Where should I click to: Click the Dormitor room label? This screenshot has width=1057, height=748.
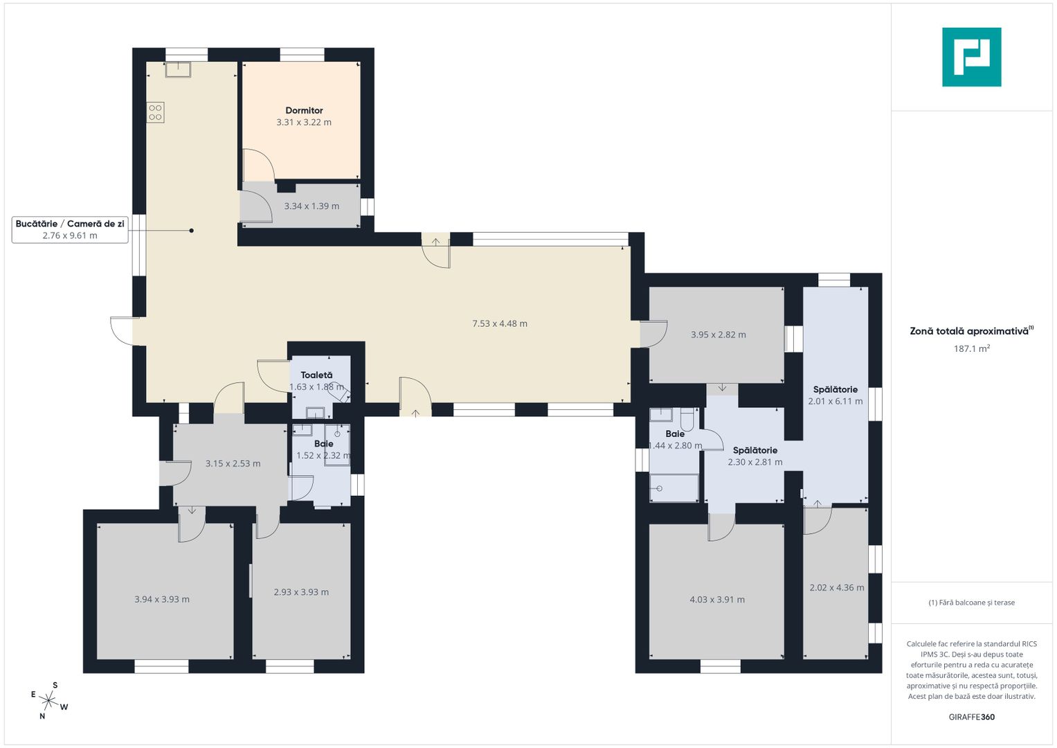[x=304, y=110]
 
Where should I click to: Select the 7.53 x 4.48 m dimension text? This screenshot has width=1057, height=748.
[x=500, y=323]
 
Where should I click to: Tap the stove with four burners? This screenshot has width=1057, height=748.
[x=155, y=112]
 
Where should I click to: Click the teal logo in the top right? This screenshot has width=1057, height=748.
[x=972, y=57]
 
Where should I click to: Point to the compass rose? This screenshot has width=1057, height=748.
[x=48, y=700]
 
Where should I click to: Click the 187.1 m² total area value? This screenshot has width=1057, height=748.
[x=972, y=348]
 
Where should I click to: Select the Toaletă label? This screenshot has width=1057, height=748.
[x=316, y=375]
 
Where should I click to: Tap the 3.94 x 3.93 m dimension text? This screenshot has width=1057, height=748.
[x=162, y=599]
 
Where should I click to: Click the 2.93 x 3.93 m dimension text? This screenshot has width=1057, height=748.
[x=301, y=591]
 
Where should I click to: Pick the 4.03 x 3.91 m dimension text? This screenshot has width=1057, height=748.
[x=717, y=599]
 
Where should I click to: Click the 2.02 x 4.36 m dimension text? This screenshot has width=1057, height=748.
[x=837, y=587]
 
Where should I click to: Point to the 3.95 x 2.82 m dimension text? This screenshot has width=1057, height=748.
[x=719, y=335]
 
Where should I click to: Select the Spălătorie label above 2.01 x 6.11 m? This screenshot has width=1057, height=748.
[x=835, y=389]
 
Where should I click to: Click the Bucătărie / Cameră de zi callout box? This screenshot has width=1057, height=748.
[x=70, y=229]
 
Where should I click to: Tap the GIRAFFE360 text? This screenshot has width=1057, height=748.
[x=972, y=717]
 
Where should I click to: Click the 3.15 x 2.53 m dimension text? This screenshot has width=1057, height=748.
[x=233, y=463]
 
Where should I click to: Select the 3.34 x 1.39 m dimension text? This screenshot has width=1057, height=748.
[x=311, y=206]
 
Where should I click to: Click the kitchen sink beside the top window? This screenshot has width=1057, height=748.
[x=178, y=69]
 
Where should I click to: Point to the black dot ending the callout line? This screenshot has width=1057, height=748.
[x=192, y=231]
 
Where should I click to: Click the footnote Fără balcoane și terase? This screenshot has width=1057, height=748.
[x=972, y=602]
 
